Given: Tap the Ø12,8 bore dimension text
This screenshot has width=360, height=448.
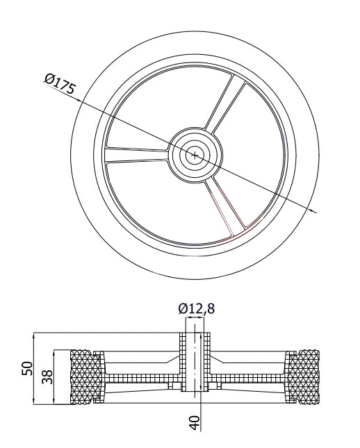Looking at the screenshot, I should click(x=196, y=308).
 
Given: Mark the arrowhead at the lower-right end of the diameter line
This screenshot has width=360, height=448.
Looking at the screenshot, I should click(x=314, y=210).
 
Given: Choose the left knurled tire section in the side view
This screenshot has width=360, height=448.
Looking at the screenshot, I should click(x=85, y=376).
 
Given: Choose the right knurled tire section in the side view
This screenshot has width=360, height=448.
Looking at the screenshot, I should click(x=304, y=376).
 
